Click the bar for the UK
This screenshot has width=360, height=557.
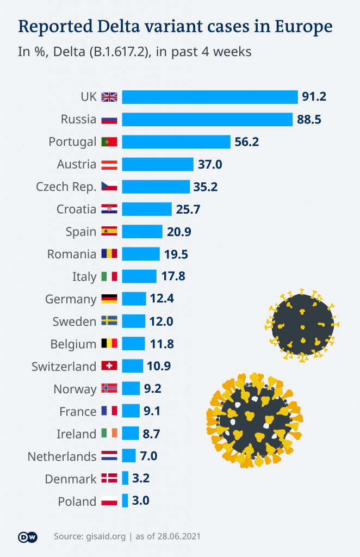(x=210, y=97)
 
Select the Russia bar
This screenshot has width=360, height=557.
(x=207, y=120)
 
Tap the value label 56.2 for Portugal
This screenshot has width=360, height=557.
(x=246, y=142)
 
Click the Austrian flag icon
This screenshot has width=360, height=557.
(x=109, y=164)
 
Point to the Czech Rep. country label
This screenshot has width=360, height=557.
(x=66, y=187)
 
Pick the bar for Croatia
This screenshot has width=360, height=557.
(x=147, y=209)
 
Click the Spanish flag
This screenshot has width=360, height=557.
(x=109, y=232)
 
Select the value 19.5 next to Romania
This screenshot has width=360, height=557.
(x=176, y=254)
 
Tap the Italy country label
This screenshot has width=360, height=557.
(x=84, y=276)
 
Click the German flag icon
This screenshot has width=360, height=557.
(x=109, y=299)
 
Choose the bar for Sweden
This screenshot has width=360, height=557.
(x=134, y=321)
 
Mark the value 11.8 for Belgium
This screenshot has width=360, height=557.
(x=162, y=344)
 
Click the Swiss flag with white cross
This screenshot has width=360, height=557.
(x=109, y=366)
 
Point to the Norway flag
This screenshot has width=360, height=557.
(x=109, y=389)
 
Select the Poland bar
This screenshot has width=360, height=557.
(x=125, y=501)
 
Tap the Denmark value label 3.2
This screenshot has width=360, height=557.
(x=140, y=479)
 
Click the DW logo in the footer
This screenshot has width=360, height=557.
(x=28, y=537)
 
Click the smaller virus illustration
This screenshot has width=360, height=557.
(x=302, y=325)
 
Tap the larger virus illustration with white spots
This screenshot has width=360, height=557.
(x=254, y=420)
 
